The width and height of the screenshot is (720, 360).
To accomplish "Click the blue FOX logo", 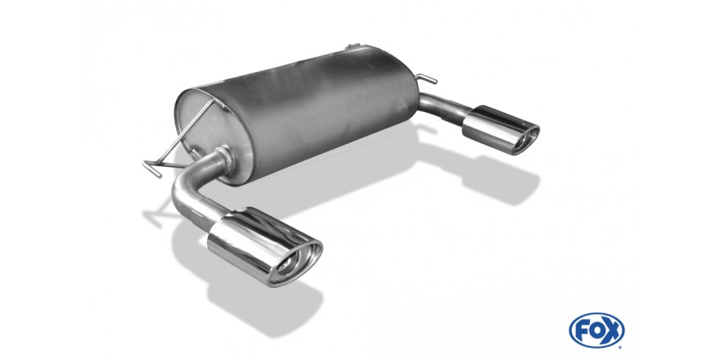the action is coord(596,331).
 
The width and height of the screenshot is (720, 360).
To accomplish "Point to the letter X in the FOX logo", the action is coord(613,331).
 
